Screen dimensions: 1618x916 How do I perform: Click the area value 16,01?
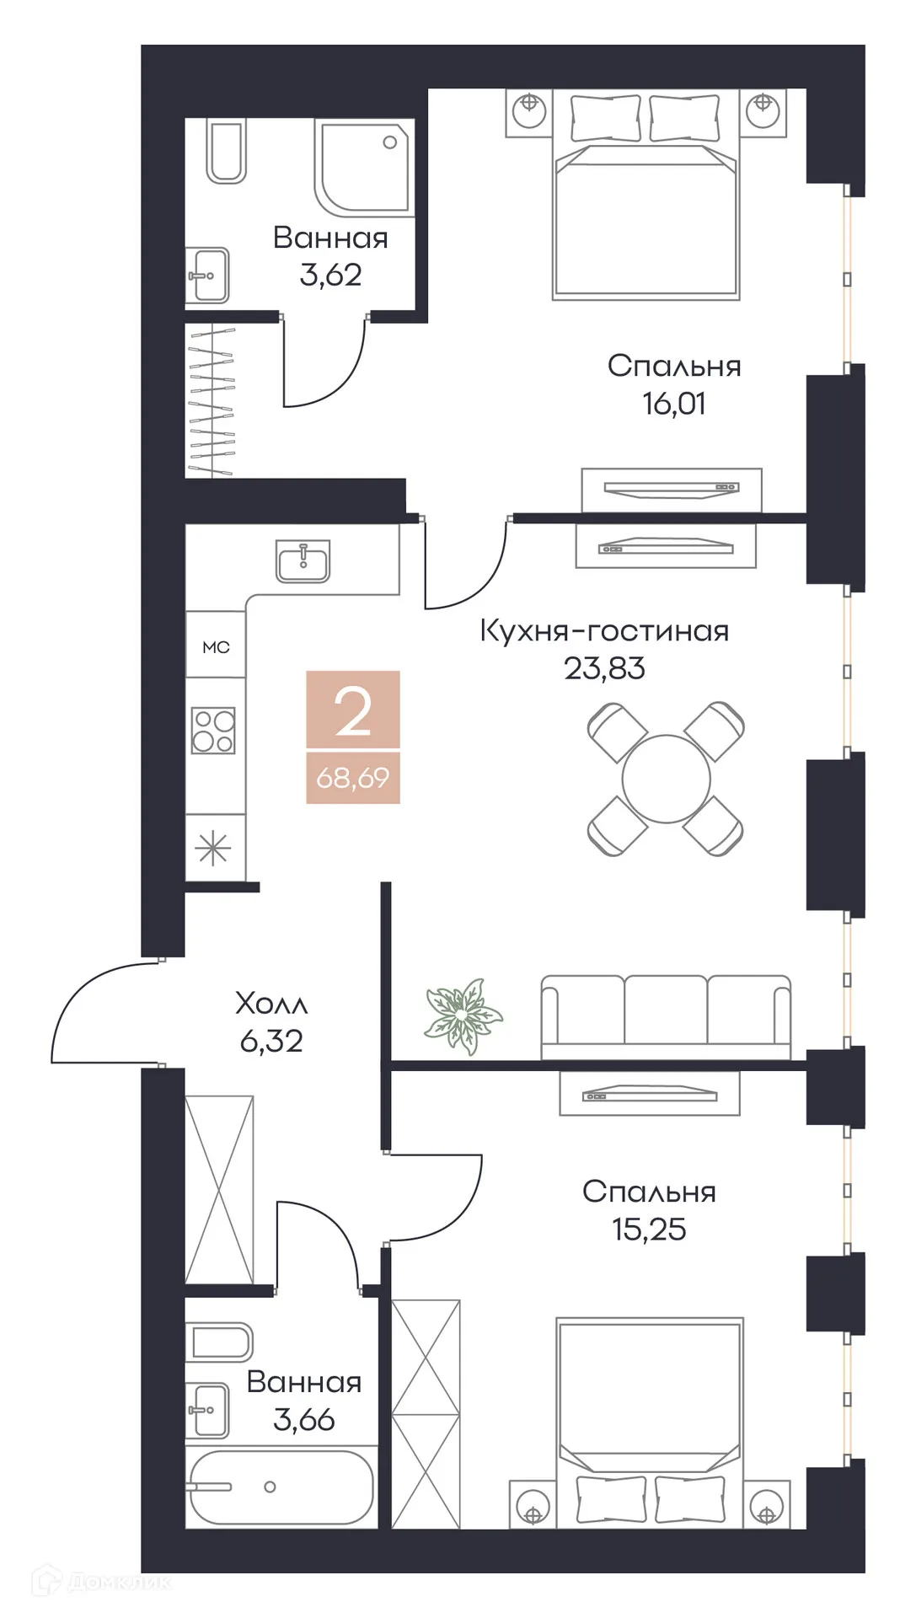click(673, 404)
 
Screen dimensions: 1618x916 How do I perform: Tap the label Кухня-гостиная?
click(603, 630)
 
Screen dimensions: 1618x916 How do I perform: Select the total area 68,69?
click(352, 778)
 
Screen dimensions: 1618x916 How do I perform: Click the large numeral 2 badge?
click(352, 710)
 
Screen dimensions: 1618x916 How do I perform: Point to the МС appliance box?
click(216, 646)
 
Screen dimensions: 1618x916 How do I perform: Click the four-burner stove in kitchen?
click(213, 730)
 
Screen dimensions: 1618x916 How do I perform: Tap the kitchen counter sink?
click(303, 561)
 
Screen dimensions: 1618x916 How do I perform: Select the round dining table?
click(666, 779)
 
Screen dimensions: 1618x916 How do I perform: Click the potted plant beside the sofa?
click(462, 1015)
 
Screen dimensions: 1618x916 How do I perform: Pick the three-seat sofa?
click(666, 1015)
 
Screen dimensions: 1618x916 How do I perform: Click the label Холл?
click(271, 1004)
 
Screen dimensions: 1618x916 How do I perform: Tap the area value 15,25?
click(648, 1230)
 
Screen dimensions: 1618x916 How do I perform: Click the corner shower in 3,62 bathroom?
click(364, 167)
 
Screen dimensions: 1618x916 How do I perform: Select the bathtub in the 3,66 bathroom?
click(280, 1487)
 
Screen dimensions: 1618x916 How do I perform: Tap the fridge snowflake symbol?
click(213, 848)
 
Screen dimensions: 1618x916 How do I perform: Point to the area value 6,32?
click(271, 1042)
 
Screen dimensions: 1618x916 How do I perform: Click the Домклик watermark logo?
click(101, 1582)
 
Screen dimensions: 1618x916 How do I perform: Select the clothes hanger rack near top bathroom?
click(211, 401)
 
